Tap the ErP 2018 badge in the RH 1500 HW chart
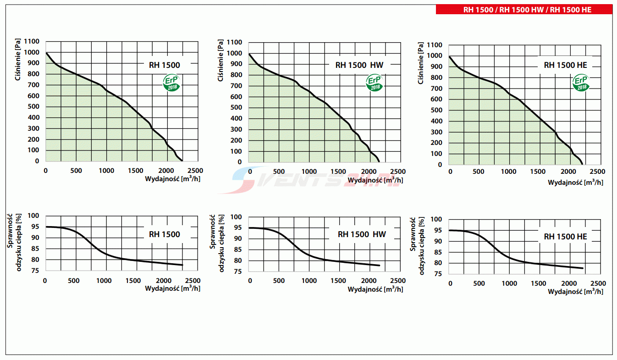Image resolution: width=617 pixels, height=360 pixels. pyautogui.click(x=375, y=83)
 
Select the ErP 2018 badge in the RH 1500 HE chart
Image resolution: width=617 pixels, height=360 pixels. pyautogui.click(x=581, y=83)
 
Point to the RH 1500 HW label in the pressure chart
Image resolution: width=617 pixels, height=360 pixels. pyautogui.click(x=359, y=65)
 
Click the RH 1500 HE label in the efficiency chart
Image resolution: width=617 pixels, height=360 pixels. pyautogui.click(x=565, y=237)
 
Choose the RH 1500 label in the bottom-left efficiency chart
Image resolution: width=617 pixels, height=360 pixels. pyautogui.click(x=164, y=234)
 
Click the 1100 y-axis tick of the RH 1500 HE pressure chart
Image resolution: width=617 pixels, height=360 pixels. pyautogui.click(x=434, y=45)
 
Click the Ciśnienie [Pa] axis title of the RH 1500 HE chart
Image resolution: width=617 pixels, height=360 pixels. pyautogui.click(x=421, y=63)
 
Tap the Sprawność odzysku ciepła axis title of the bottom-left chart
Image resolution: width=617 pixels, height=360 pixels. pyautogui.click(x=15, y=243)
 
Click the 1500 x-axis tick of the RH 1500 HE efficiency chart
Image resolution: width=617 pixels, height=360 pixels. pyautogui.click(x=539, y=284)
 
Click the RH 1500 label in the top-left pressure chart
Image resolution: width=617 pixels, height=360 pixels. pyautogui.click(x=164, y=65)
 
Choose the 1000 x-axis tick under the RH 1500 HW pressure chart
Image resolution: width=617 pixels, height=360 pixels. pyautogui.click(x=309, y=172)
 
